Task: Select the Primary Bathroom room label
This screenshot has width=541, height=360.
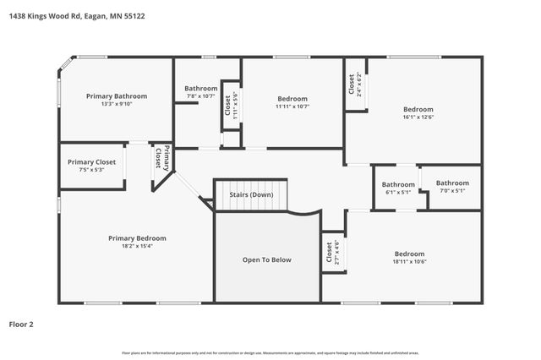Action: [x=117, y=96]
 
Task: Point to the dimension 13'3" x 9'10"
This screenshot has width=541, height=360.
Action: [x=117, y=104]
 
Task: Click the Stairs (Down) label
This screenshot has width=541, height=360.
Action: [x=251, y=195]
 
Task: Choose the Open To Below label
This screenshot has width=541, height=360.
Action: [x=267, y=259]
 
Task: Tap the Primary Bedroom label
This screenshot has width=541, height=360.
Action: [x=137, y=238]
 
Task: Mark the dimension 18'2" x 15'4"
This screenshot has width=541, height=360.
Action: [x=137, y=246]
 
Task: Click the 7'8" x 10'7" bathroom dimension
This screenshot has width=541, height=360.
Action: [x=201, y=96]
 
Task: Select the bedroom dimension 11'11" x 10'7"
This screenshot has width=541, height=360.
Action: [x=292, y=106]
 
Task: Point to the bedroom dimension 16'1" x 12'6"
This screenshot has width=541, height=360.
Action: [x=418, y=117]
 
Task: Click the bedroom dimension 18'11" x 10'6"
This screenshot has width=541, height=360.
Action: [x=409, y=262]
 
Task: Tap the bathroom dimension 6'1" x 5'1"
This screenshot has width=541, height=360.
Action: [x=398, y=192]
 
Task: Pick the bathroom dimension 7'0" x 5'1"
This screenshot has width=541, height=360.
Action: [x=452, y=191]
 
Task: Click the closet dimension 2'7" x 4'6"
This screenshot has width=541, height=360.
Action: [x=336, y=253]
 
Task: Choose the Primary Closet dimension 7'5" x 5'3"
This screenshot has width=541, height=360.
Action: [x=91, y=170]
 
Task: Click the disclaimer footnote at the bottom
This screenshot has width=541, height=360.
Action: [x=270, y=352]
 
